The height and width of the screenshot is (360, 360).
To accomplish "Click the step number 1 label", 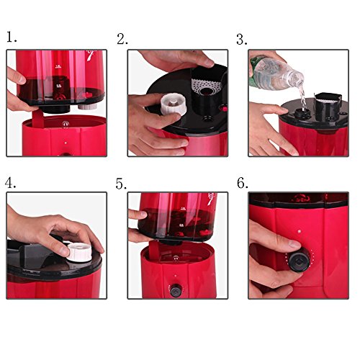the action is (12, 37).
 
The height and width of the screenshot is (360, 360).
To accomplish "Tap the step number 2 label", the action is (122, 39).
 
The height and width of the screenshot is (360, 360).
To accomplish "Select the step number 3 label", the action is (242, 40).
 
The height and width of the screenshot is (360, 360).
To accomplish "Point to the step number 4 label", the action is (11, 184).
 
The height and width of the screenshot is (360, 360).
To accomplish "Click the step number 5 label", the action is (121, 184).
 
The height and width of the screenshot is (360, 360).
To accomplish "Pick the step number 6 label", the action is (243, 183).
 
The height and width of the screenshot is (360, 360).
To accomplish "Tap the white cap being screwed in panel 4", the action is (79, 252).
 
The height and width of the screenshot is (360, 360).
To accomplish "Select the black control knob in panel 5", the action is (176, 289).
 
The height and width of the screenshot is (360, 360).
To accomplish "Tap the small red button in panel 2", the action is (225, 109).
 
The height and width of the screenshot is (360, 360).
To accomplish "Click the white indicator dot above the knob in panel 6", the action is (299, 232).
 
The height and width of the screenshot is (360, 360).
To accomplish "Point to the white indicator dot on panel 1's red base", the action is (66, 142).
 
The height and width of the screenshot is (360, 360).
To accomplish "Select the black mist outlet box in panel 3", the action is (328, 107).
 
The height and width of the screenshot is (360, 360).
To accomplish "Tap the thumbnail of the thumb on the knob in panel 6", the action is (294, 245).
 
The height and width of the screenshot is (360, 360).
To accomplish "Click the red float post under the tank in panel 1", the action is (38, 119).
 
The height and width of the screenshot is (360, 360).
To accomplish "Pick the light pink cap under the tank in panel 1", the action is (88, 107).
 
